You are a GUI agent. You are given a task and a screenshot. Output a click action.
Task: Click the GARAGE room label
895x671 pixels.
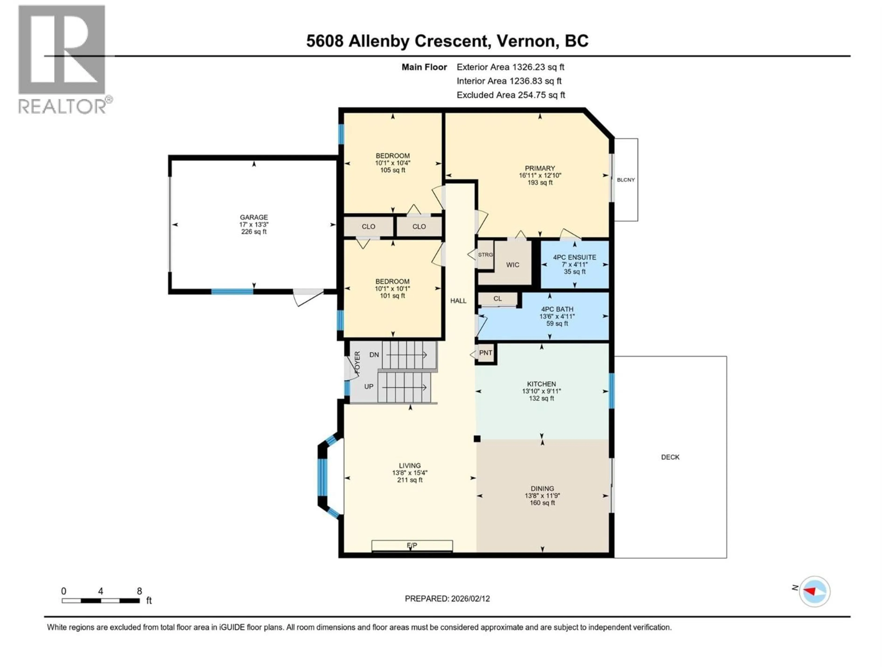pyautogui.click(x=254, y=217)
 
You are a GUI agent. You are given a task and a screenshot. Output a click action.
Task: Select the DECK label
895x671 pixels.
pyautogui.click(x=670, y=457)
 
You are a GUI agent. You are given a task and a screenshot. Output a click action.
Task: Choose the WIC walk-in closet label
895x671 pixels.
pyautogui.click(x=513, y=265)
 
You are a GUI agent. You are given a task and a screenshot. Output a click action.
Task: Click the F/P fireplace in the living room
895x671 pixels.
pyautogui.click(x=412, y=546)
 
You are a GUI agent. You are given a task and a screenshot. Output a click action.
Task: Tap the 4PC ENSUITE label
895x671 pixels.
pyautogui.click(x=575, y=257)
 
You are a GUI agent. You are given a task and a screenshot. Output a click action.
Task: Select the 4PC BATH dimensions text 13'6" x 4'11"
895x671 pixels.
pyautogui.click(x=557, y=317)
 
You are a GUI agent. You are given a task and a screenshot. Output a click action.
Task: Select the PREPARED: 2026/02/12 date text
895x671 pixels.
pyautogui.click(x=447, y=599)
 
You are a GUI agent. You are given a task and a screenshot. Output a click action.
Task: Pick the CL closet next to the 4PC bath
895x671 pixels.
pyautogui.click(x=498, y=299)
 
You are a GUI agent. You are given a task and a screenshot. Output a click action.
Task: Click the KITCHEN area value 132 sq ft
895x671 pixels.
pyautogui.click(x=541, y=398)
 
